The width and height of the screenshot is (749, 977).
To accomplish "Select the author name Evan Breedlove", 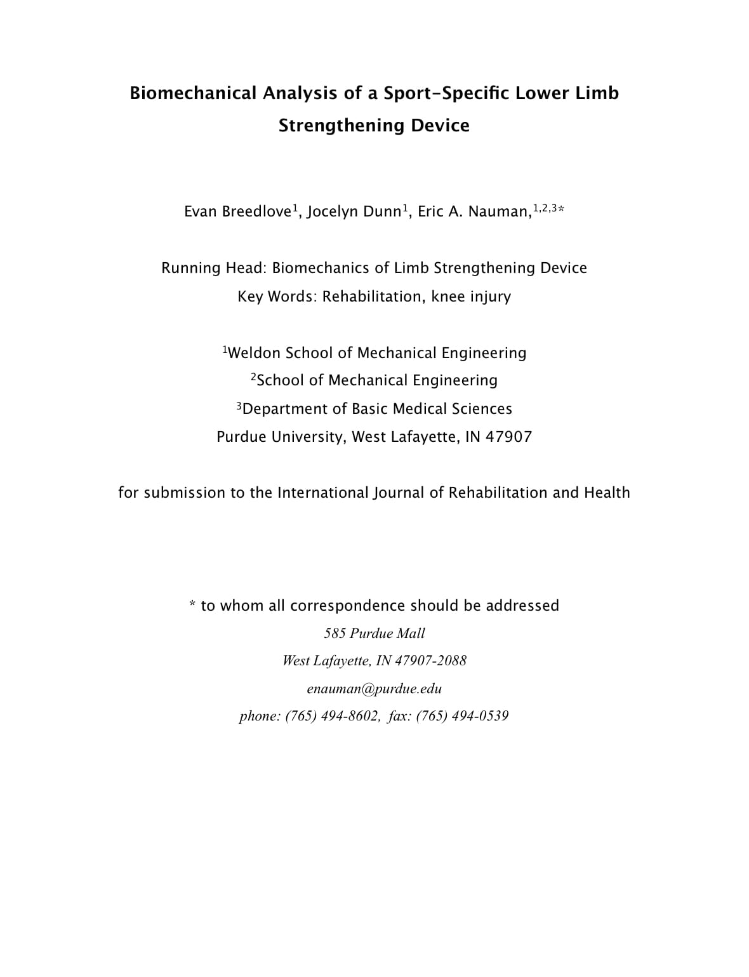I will [x=237, y=211].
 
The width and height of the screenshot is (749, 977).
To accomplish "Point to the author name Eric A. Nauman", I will [x=474, y=211].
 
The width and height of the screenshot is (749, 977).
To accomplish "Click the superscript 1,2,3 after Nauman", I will [x=545, y=208].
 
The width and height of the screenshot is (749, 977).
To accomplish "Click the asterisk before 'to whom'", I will [x=192, y=604].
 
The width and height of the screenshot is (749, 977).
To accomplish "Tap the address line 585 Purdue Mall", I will [x=374, y=633].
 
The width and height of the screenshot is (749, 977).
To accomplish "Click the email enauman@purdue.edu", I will [x=374, y=689].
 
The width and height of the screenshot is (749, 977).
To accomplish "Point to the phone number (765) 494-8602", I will [x=332, y=716].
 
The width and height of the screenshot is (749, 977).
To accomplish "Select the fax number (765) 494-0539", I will [x=463, y=716].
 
